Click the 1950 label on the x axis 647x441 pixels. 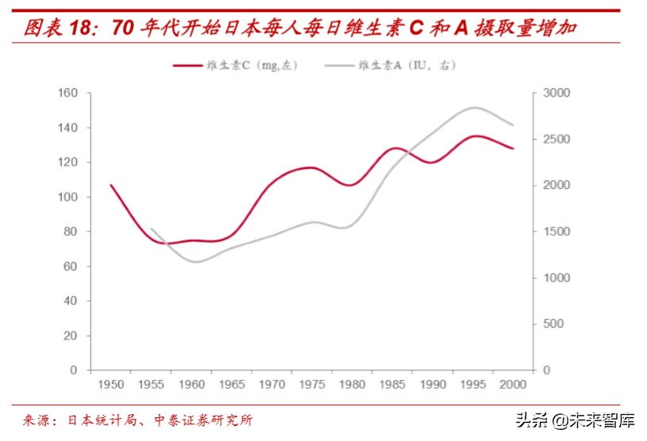click(110, 385)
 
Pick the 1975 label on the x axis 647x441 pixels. click(313, 385)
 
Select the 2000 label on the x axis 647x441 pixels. click(514, 385)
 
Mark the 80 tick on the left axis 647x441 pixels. click(71, 232)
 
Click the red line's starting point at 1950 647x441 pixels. click(110, 185)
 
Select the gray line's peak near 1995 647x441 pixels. click(475, 107)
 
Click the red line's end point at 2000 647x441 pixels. click(514, 148)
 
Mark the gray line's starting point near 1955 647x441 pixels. click(151, 228)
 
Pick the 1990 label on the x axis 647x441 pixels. click(433, 385)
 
